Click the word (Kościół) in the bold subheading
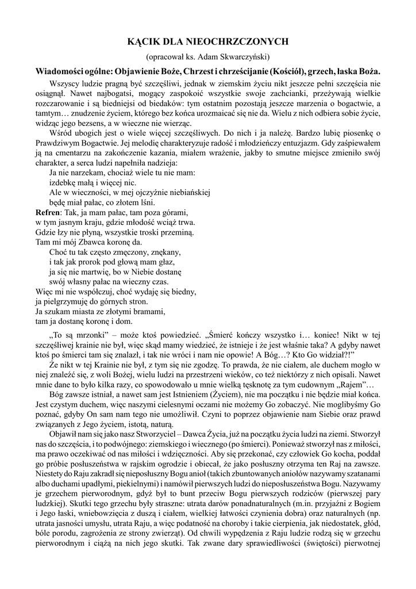click(x=275, y=71)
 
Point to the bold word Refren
click(x=48, y=213)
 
